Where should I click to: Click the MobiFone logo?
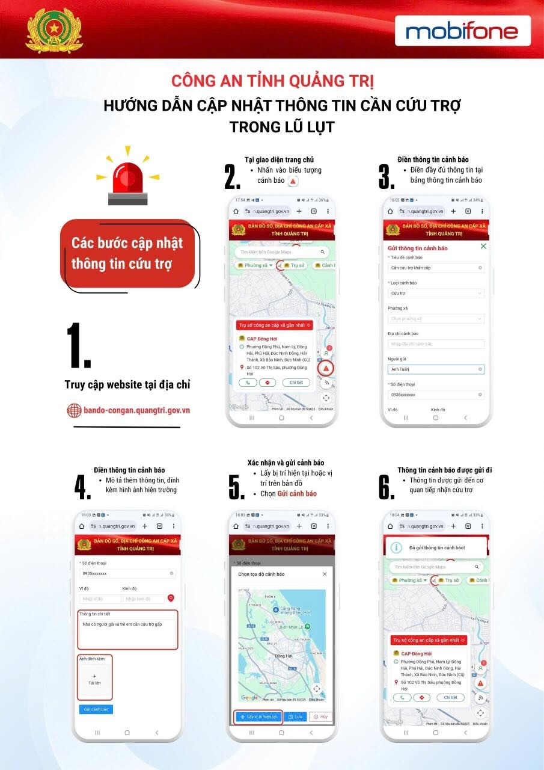tap(462, 31)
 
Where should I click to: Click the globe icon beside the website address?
tap(74, 410)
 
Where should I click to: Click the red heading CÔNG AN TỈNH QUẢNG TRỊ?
tap(272, 81)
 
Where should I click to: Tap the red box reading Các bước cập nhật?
tap(127, 253)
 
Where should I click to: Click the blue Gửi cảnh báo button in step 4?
tap(96, 709)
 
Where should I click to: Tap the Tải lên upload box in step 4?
tap(94, 679)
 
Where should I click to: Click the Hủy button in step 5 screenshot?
tap(320, 717)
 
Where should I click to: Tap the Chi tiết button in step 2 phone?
tap(296, 383)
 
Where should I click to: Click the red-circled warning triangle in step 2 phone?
tap(326, 368)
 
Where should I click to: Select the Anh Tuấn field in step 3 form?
tap(436, 369)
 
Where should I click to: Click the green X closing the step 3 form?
tap(483, 247)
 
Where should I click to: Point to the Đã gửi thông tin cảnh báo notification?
tap(436, 547)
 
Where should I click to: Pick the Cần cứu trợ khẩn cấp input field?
tap(436, 268)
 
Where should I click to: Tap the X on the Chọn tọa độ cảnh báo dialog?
tap(325, 574)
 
